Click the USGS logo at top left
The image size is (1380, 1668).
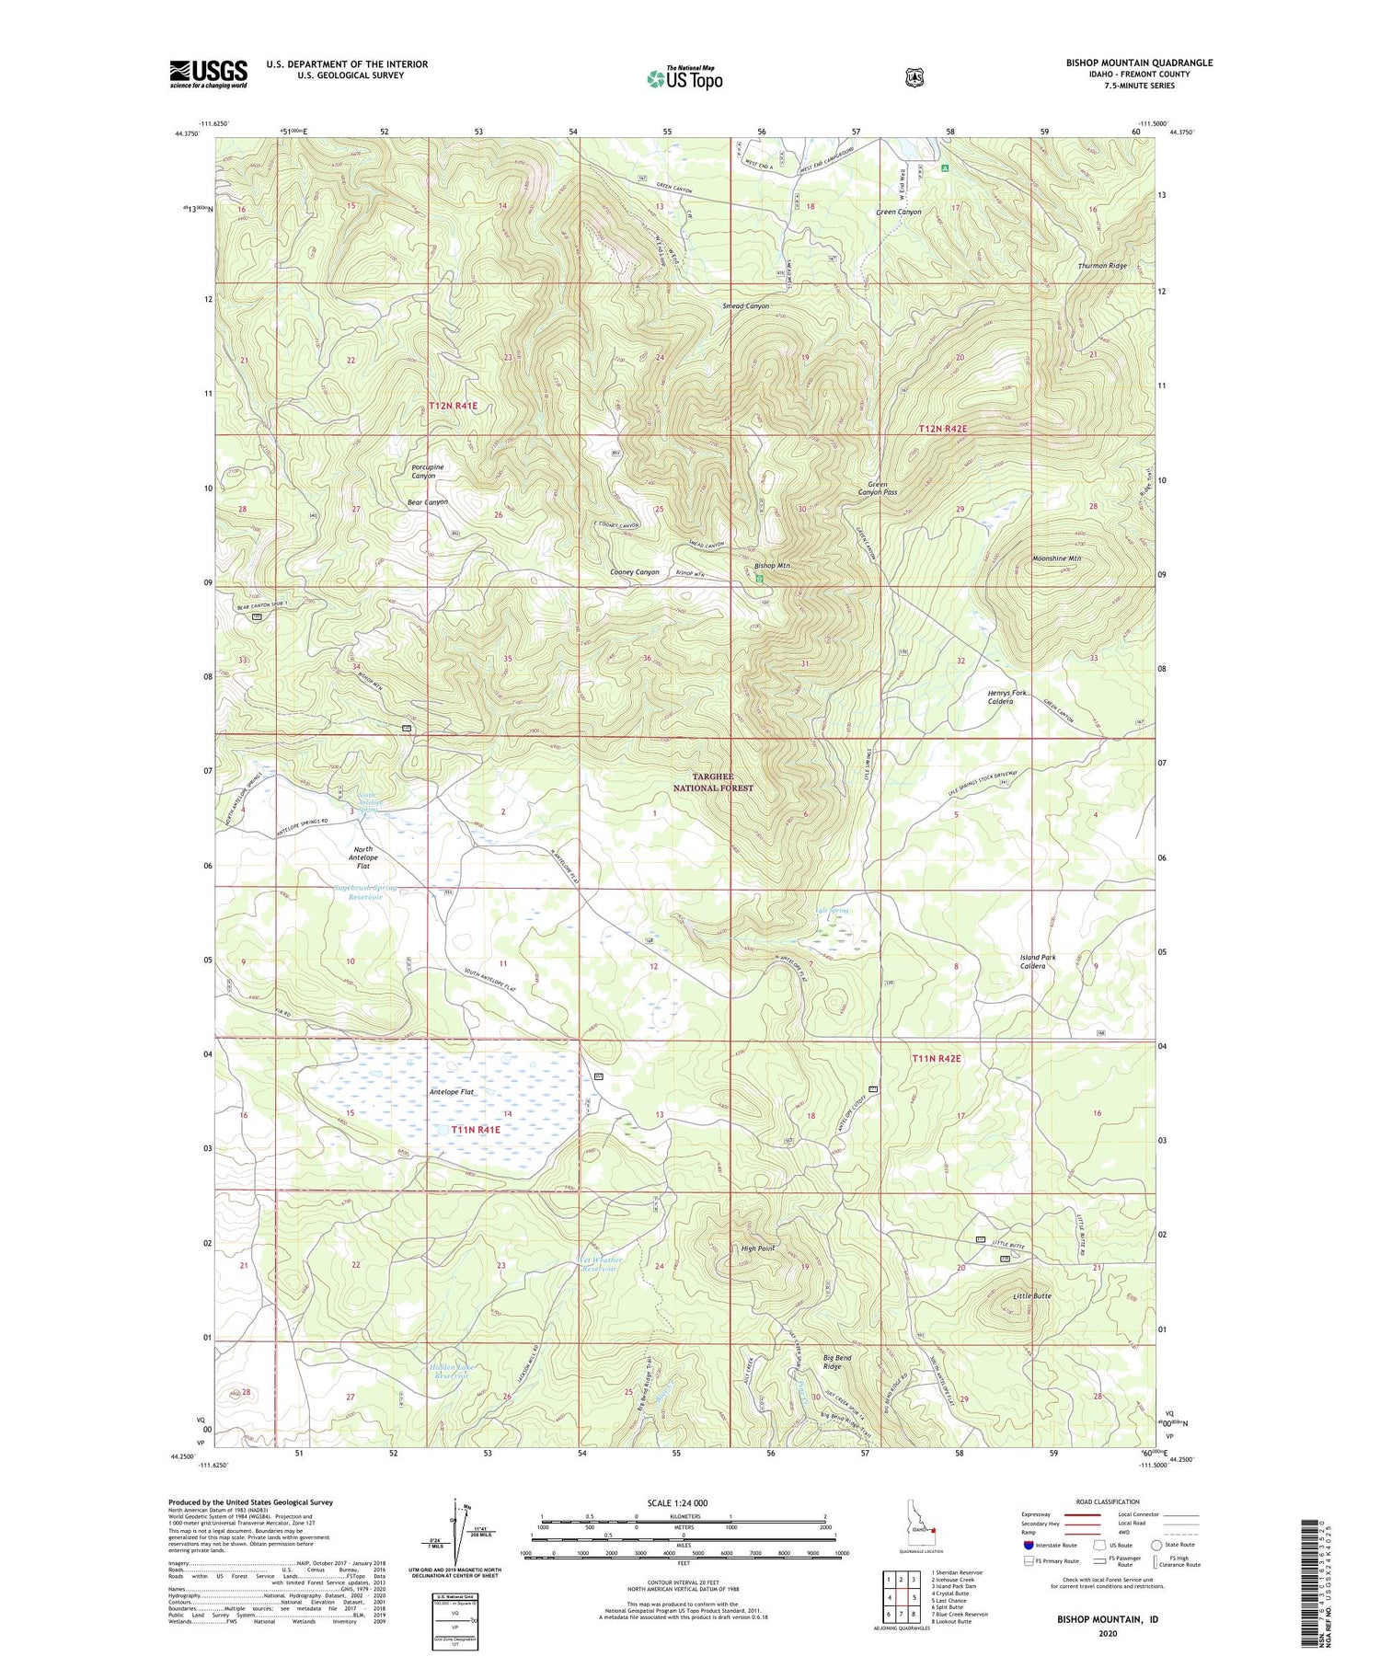(208, 74)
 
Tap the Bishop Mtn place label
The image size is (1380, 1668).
(773, 566)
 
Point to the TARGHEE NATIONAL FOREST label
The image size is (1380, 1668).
(712, 782)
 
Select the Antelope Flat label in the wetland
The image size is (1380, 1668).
(451, 1092)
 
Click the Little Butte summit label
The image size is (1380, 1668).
(1031, 1295)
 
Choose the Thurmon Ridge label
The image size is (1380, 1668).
(1102, 266)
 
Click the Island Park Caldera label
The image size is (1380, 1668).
(1038, 961)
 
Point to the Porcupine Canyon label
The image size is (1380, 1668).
(428, 471)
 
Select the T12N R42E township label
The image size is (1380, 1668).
(943, 430)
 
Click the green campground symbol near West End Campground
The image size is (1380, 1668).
(945, 168)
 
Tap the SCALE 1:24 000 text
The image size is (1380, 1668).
(677, 1502)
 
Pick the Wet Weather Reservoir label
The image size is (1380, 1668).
(602, 1264)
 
